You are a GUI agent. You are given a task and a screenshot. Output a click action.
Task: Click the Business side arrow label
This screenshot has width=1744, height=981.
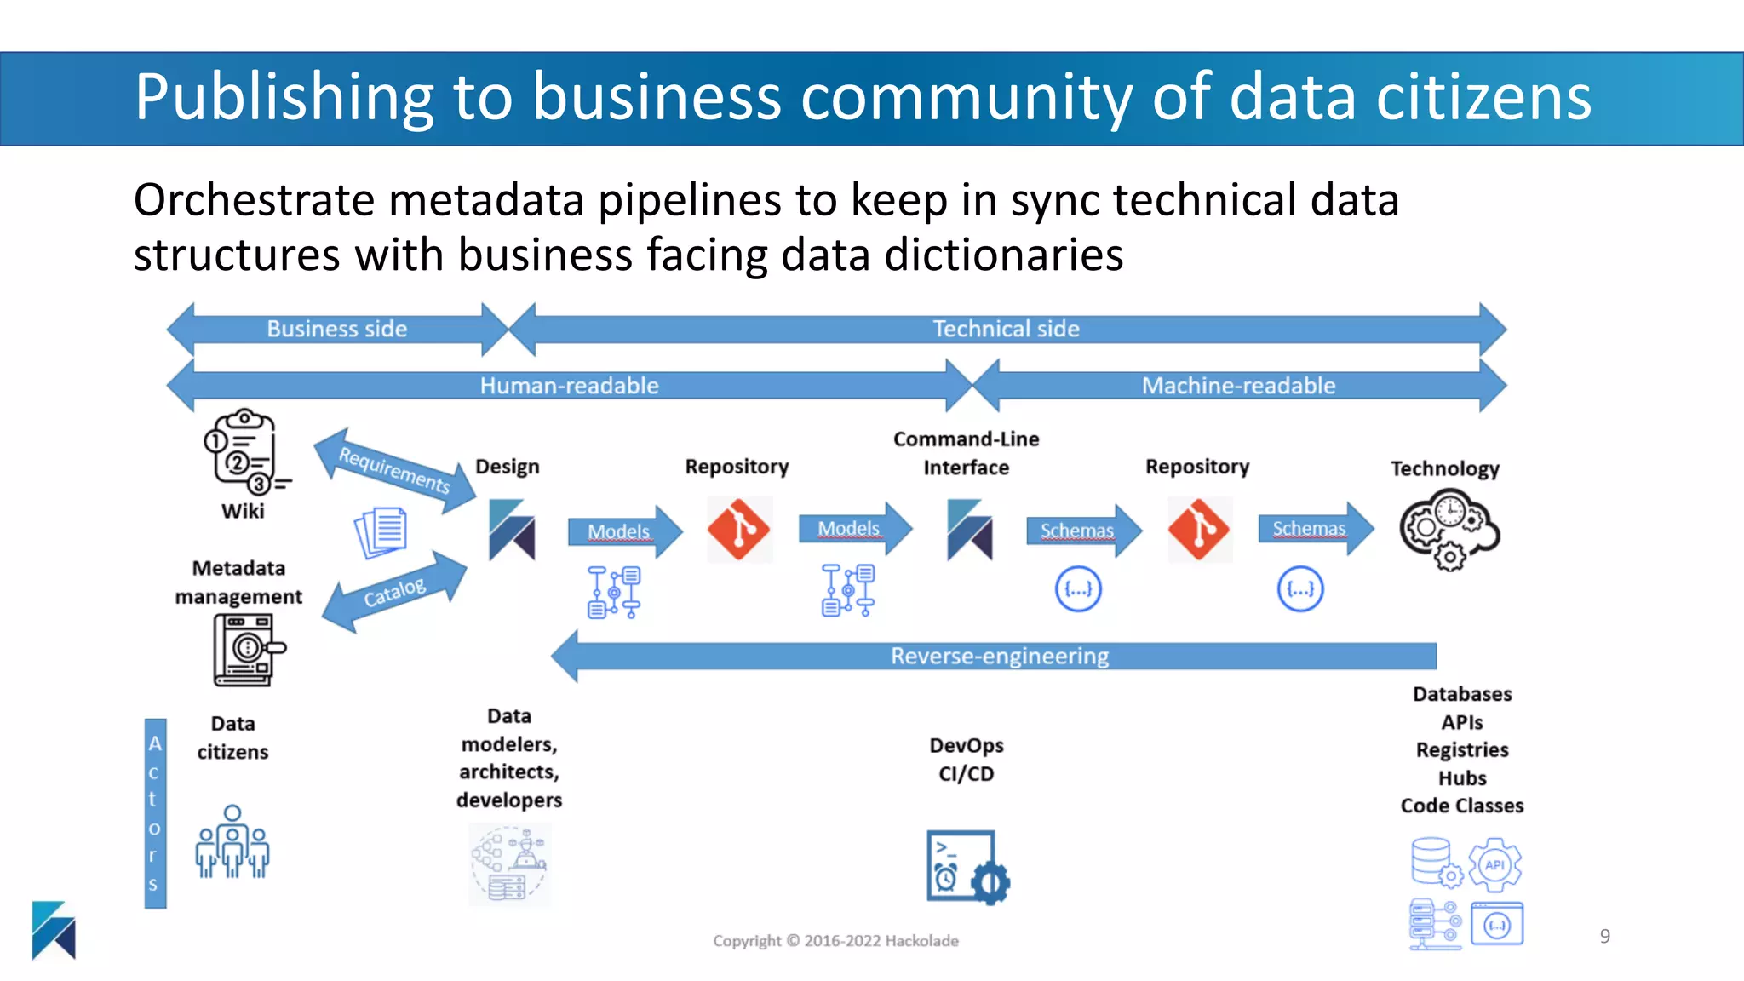click(337, 329)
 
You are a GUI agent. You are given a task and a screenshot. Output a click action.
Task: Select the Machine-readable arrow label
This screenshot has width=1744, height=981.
click(1238, 386)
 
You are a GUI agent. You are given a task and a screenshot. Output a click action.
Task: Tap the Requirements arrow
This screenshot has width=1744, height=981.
click(394, 470)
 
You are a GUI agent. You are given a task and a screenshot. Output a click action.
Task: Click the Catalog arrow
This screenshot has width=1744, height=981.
click(394, 593)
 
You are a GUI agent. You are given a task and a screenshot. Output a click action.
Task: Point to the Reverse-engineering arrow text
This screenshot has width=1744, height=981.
click(999, 657)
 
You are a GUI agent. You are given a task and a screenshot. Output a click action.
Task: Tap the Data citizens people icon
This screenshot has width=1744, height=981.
click(232, 842)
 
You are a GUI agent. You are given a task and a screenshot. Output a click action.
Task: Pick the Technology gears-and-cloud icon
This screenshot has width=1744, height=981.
click(1449, 528)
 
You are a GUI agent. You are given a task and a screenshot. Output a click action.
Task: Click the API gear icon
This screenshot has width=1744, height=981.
click(1494, 865)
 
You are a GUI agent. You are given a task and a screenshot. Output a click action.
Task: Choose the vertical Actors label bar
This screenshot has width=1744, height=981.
click(155, 813)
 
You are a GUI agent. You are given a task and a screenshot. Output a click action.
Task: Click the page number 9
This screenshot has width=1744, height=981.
click(1604, 937)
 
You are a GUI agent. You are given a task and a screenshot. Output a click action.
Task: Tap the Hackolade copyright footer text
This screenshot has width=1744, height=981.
click(835, 941)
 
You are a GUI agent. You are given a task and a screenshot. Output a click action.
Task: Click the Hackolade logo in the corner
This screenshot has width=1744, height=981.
click(54, 930)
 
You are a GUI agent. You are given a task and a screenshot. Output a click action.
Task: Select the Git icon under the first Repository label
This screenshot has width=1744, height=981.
click(738, 529)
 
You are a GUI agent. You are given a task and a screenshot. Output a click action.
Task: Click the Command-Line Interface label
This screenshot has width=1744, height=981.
click(966, 453)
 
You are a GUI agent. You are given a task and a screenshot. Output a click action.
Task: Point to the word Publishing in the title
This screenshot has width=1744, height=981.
click(284, 97)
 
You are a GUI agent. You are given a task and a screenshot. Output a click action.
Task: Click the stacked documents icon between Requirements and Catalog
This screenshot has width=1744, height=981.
click(381, 532)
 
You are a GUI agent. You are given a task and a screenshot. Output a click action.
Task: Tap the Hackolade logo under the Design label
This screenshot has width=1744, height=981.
click(511, 530)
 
